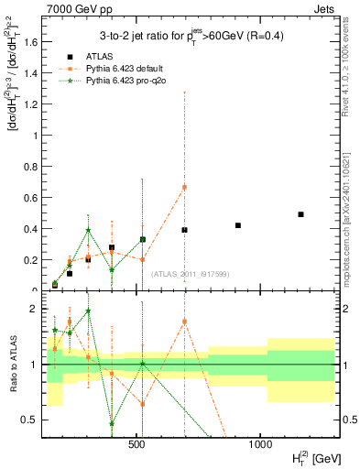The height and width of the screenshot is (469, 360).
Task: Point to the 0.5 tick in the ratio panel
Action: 31,420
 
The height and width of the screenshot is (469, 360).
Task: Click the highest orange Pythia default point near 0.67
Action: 184,187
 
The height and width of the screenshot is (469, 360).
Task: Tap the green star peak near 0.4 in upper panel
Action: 88,230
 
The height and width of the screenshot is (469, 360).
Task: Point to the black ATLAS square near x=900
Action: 238,225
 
